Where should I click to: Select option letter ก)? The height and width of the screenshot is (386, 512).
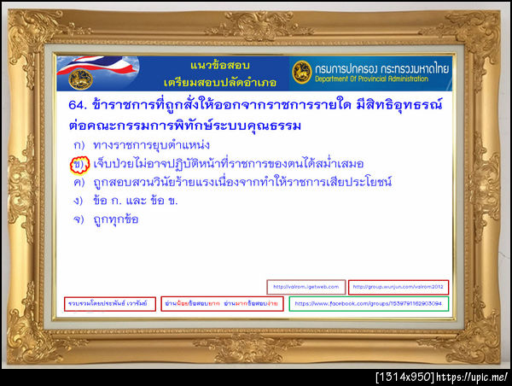(79, 144)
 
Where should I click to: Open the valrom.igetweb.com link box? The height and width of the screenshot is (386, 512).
(305, 287)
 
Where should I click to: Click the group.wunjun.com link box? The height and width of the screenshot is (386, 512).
(399, 287)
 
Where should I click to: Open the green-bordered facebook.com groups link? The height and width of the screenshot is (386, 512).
(369, 303)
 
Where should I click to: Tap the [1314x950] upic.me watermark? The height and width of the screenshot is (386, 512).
(441, 377)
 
